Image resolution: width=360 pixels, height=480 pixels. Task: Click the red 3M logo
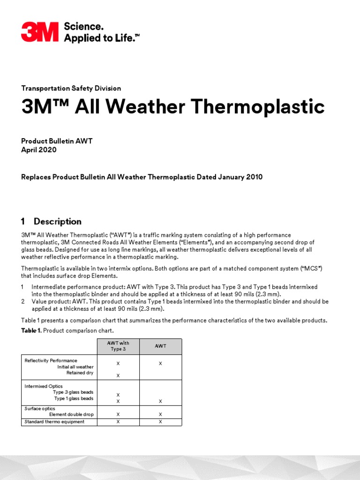point(39,32)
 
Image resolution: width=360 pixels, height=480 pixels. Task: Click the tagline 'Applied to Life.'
point(102,38)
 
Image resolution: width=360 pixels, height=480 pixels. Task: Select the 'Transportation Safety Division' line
point(71,88)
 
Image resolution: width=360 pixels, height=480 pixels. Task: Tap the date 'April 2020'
point(39,150)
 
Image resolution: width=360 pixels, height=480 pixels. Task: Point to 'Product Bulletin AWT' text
point(57,141)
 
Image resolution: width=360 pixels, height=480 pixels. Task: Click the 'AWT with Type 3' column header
point(118,346)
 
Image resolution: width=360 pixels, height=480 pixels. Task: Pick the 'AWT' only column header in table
point(160,346)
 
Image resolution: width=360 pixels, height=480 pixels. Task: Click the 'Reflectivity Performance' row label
point(51,360)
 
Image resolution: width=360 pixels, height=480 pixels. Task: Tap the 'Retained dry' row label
point(80,373)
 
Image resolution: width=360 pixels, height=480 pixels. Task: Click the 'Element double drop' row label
point(71,414)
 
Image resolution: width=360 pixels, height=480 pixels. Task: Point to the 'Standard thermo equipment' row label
point(54,422)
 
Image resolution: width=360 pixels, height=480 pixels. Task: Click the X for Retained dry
point(118,376)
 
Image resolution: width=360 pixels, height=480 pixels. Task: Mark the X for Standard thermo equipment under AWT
point(160,422)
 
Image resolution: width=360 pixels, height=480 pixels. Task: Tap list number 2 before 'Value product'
point(23,301)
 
